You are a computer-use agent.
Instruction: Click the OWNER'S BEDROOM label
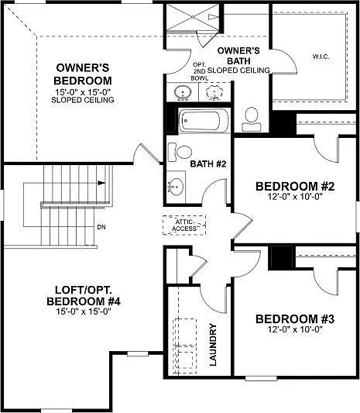click(83, 74)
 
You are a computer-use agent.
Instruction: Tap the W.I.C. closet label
click(321, 56)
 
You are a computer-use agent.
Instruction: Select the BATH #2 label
click(208, 163)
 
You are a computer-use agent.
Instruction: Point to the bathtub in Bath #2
click(204, 121)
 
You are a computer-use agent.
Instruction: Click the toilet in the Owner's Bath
click(252, 119)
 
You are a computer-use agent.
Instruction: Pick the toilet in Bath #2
click(180, 152)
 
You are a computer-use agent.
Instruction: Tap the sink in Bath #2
click(176, 187)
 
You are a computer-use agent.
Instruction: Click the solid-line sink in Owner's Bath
click(183, 92)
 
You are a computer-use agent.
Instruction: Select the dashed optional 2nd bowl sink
click(214, 92)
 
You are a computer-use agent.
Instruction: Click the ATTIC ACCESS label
click(184, 225)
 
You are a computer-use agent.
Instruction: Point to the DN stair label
click(101, 227)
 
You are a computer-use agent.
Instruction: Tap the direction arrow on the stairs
click(101, 183)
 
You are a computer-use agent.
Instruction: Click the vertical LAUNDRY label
click(213, 345)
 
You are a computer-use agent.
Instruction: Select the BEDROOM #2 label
click(295, 186)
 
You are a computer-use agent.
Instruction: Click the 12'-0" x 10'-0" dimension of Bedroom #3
click(295, 329)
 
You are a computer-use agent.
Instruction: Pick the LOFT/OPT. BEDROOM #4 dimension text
click(84, 311)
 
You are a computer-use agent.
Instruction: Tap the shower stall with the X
click(193, 17)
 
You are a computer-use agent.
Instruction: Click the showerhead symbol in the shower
click(213, 17)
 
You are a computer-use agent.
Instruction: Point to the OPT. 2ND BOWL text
click(199, 71)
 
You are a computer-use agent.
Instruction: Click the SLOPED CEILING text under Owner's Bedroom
click(83, 100)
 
